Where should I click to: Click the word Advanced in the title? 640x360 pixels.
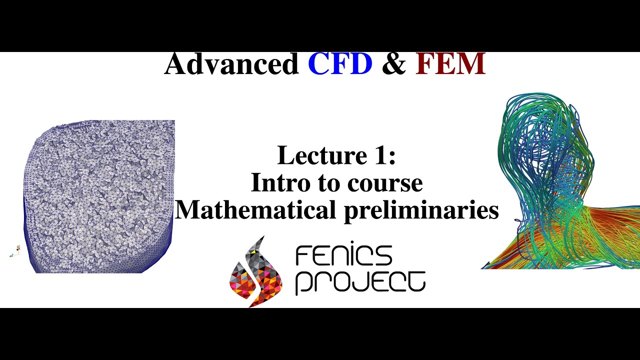pos(231,64)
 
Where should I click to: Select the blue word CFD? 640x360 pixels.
pos(340,64)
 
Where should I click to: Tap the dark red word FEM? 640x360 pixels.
pos(450,64)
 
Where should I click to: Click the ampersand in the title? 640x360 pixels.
pos(394,64)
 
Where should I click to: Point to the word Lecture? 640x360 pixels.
pos(320,155)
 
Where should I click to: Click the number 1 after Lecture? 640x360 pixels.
pos(382,155)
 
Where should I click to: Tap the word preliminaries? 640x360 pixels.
pos(421,210)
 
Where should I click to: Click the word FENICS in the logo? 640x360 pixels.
pos(344,256)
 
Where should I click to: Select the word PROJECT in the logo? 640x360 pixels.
pos(360,282)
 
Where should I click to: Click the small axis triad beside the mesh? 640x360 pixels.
pos(15,251)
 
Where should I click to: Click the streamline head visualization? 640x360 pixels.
pos(550,170)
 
